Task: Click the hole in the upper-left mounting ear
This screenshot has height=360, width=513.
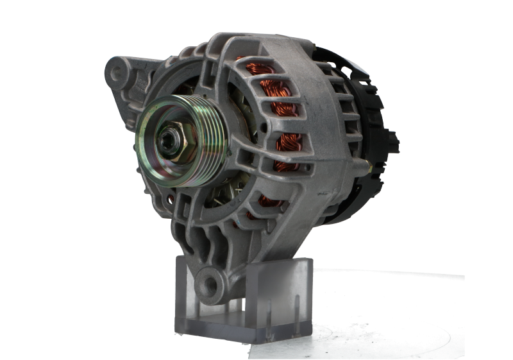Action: pyautogui.click(x=117, y=73)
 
